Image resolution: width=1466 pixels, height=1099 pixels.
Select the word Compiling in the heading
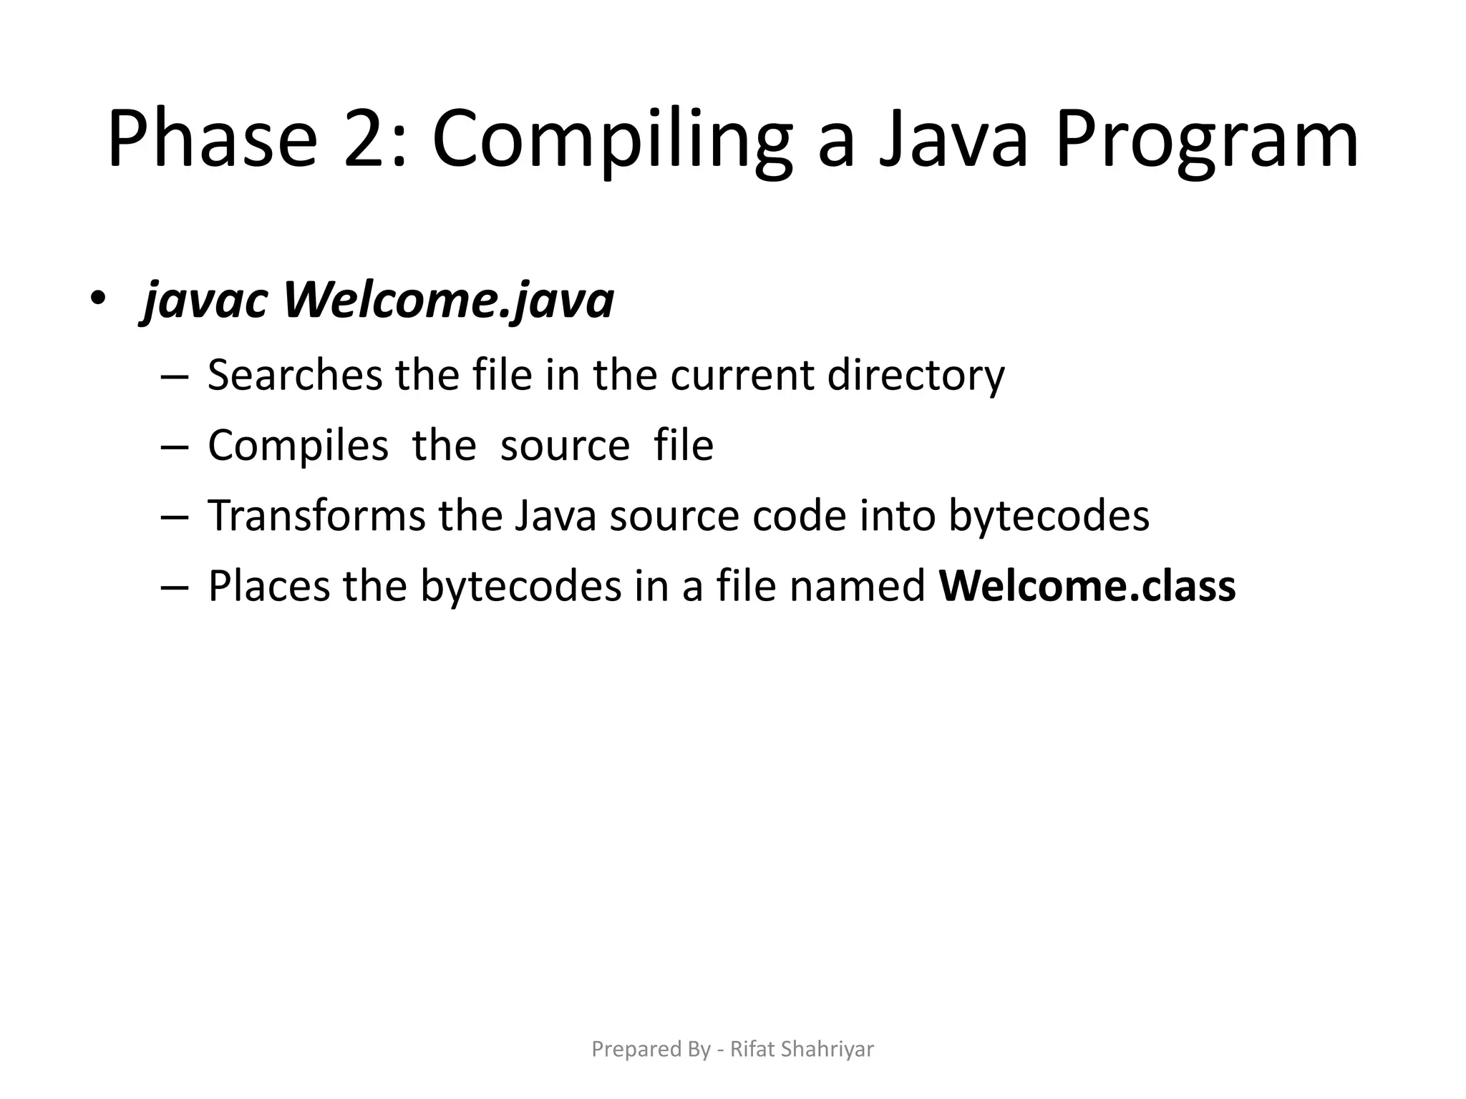tap(612, 140)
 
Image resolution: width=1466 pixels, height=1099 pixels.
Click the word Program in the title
tap(1206, 140)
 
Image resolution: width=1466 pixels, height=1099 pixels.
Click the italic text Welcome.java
tap(449, 300)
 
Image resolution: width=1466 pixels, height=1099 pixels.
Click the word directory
tap(916, 376)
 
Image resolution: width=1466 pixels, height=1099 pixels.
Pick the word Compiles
tap(298, 445)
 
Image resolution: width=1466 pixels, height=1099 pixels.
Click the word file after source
tap(684, 445)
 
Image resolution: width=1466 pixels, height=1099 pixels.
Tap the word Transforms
tap(316, 515)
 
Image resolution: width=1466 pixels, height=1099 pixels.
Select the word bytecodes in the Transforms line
tap(1049, 515)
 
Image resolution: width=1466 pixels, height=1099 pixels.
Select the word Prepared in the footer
tap(626, 1050)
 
